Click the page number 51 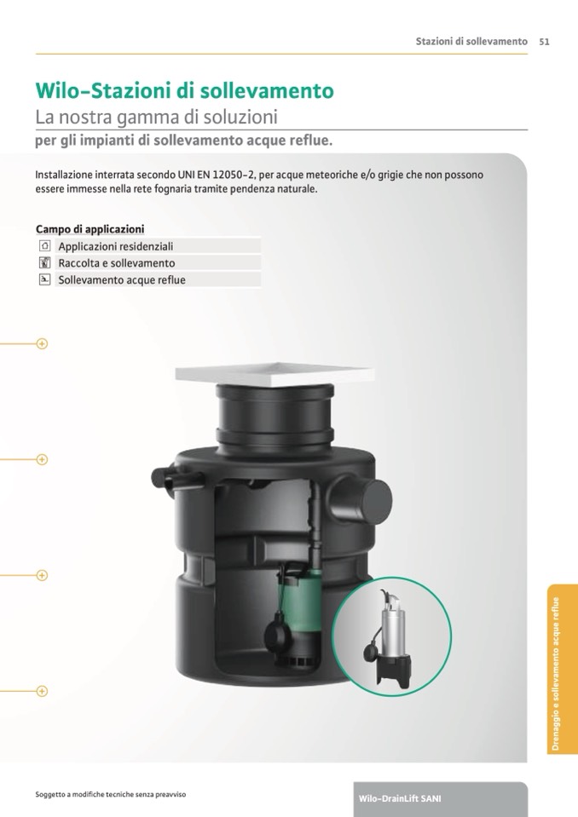[544, 42]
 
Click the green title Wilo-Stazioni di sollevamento [184, 90]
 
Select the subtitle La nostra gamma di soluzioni [156, 118]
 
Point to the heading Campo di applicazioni [90, 229]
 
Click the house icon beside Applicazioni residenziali [45, 245]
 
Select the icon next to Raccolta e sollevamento [45, 262]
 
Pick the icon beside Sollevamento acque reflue [45, 279]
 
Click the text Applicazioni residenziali [116, 246]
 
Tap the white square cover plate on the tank [275, 374]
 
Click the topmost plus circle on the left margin [43, 344]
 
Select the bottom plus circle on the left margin [43, 692]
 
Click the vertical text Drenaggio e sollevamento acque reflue [556, 674]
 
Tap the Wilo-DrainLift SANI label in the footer [400, 799]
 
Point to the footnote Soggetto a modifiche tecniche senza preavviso [111, 795]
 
